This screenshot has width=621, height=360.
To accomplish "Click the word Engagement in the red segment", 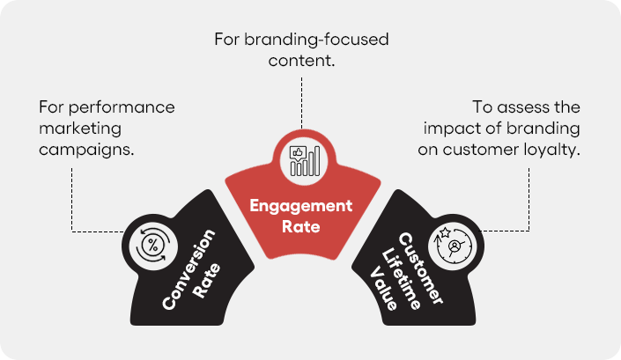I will click(301, 207).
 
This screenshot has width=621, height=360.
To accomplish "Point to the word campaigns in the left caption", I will click(85, 150).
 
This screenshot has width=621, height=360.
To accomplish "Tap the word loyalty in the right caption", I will click(556, 150).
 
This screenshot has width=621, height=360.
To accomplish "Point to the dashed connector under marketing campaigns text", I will click(72, 198).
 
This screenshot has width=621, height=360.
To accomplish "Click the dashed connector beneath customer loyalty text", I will click(530, 198).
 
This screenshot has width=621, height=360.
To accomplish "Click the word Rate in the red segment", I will click(301, 226).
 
